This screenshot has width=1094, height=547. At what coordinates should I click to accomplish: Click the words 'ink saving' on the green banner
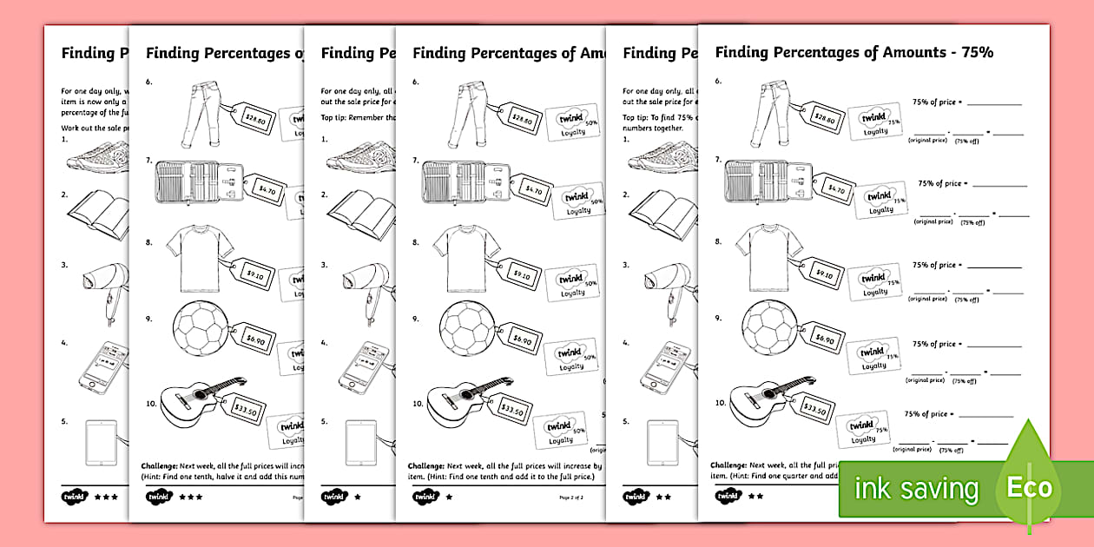(x=915, y=489)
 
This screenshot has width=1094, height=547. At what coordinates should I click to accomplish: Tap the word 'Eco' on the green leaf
(x=1030, y=487)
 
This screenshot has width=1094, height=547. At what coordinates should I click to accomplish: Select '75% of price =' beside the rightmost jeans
(x=933, y=102)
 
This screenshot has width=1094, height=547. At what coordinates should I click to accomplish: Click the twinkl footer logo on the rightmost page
(x=725, y=497)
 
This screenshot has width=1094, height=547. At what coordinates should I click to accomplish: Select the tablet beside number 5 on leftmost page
(x=102, y=442)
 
